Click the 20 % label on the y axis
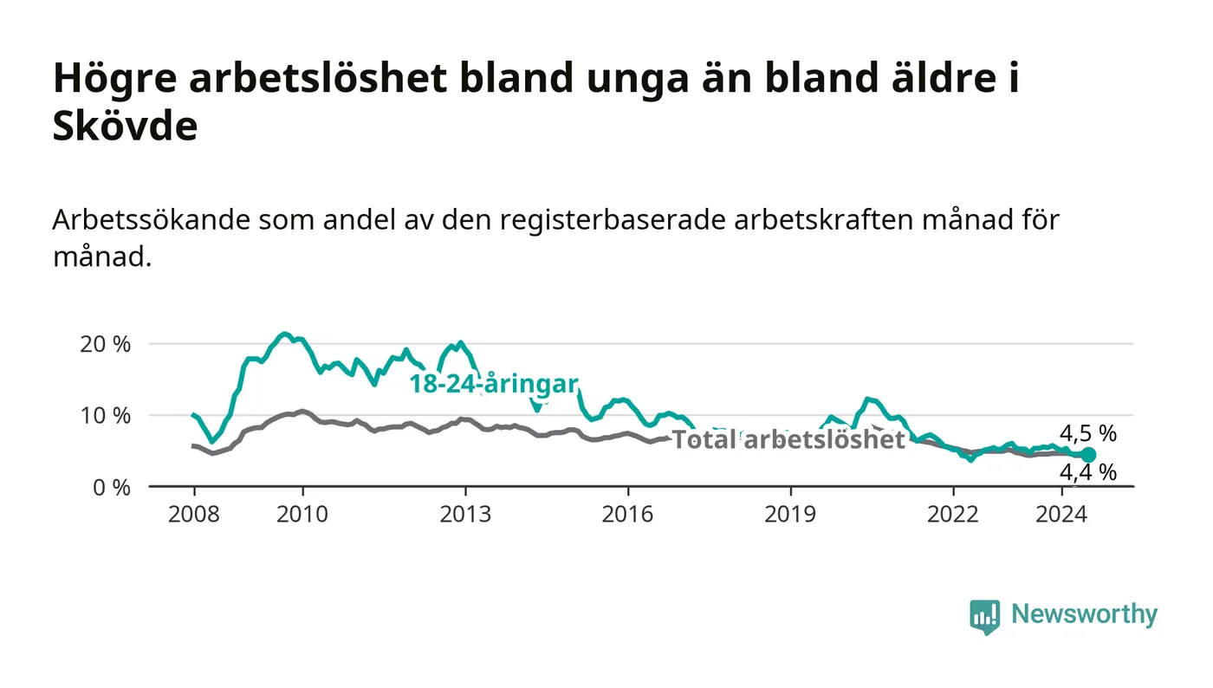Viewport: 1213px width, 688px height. [105, 344]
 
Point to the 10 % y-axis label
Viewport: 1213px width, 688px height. [105, 416]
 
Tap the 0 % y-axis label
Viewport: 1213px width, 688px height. [112, 488]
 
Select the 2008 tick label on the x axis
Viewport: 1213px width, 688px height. [194, 514]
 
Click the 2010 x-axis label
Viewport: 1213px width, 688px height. [302, 514]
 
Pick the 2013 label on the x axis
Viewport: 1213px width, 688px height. [465, 514]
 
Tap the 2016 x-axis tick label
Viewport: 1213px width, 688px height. [627, 514]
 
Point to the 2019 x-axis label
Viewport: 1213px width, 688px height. [790, 514]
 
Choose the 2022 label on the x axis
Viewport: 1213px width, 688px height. [953, 514]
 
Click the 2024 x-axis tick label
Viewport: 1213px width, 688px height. [1061, 514]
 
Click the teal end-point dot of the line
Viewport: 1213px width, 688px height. [1088, 455]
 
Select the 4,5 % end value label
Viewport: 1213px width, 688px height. [1088, 433]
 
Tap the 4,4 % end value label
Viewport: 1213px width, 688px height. [1088, 472]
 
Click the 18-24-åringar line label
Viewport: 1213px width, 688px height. [494, 384]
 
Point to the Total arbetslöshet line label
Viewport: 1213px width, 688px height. [788, 439]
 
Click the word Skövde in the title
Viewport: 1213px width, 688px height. [125, 126]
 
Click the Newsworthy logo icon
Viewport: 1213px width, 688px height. [984, 617]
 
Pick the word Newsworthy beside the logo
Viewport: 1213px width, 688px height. [1085, 614]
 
